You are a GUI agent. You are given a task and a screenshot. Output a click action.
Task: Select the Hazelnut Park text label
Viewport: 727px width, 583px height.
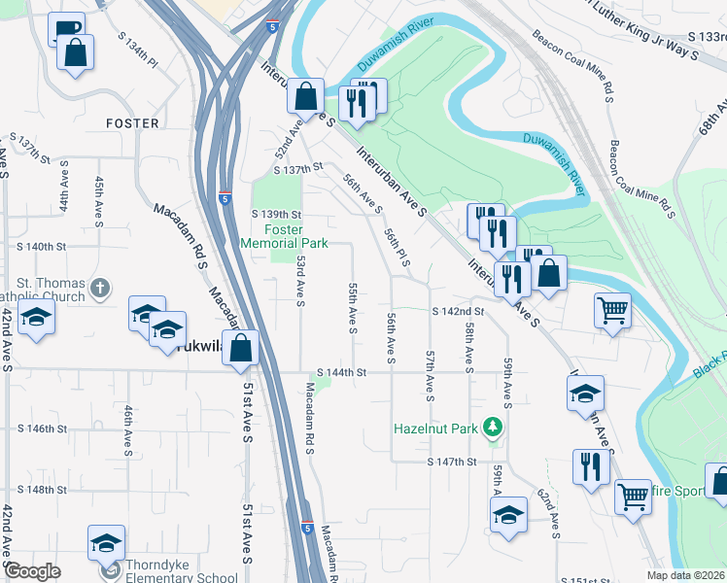click(x=435, y=428)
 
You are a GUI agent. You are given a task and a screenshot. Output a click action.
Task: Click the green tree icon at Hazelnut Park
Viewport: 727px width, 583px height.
click(x=495, y=428)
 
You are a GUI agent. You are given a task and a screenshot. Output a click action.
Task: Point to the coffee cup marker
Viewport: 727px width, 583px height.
click(x=65, y=29)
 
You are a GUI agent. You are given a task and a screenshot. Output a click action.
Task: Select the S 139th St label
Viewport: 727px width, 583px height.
click(x=277, y=214)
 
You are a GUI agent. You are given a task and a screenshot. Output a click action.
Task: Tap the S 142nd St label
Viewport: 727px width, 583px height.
click(x=458, y=311)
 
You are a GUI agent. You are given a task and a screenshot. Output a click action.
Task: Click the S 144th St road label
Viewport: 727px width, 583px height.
click(x=340, y=372)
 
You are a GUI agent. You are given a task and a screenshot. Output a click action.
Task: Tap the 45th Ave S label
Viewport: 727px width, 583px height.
click(x=99, y=197)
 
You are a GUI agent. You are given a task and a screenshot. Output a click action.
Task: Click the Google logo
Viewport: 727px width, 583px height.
click(x=31, y=571)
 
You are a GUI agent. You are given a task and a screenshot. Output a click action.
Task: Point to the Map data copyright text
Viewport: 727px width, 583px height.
click(x=685, y=575)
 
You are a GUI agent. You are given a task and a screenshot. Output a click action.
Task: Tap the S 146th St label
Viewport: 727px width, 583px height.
click(x=43, y=429)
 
